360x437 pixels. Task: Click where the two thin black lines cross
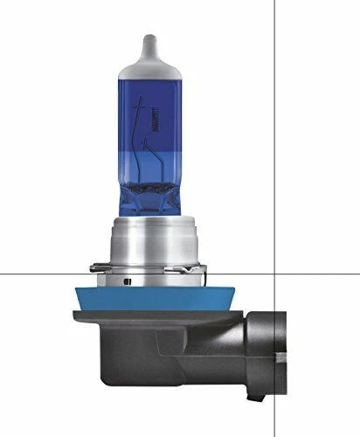click(275, 273)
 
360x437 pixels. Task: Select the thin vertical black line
click(275, 131)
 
